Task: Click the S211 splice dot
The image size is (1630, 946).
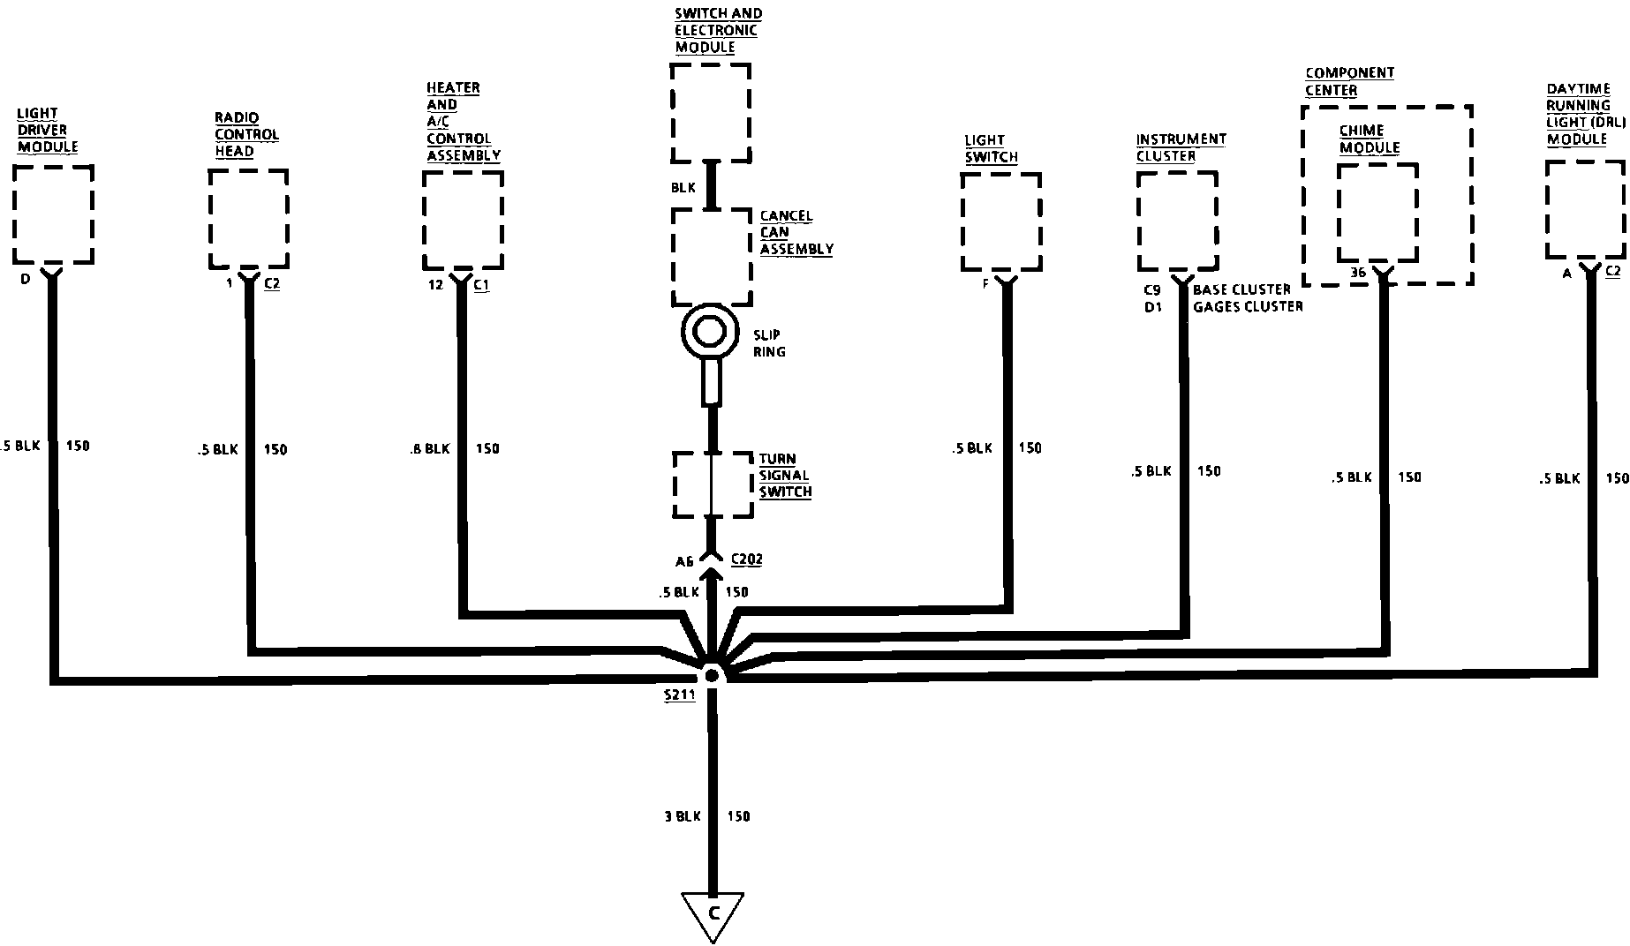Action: coord(711,675)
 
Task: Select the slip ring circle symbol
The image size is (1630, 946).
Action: coord(709,333)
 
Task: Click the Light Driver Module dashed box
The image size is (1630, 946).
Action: coord(54,214)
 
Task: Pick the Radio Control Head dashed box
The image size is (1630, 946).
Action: coord(249,218)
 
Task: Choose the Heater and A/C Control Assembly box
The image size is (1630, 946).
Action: coord(463,220)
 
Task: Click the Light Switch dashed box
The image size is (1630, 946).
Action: coord(1001,221)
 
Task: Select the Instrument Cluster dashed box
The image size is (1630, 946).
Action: coord(1177,221)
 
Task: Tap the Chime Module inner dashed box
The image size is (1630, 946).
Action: coord(1377,213)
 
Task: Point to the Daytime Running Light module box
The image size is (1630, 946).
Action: coord(1586,210)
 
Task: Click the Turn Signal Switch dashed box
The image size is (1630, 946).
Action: coord(712,484)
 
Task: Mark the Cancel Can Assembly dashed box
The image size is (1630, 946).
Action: coord(712,257)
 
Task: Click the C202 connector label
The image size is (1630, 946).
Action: coord(746,559)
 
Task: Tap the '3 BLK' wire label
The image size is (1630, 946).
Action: coord(682,816)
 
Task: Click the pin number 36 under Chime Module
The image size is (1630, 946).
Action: coord(1358,273)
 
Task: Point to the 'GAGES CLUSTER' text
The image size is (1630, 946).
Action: coord(1248,306)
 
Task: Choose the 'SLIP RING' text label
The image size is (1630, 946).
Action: coord(769,343)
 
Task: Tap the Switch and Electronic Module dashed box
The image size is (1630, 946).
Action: coord(711,113)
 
